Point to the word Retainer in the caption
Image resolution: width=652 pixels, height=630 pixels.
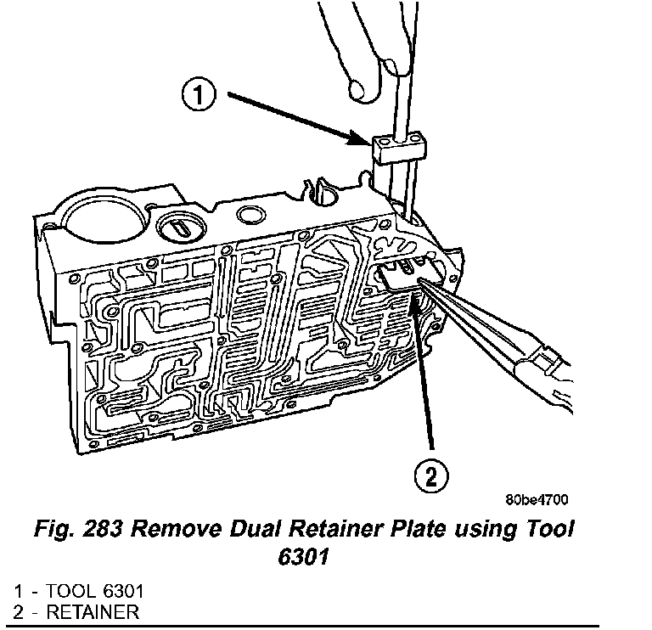pos(382,531)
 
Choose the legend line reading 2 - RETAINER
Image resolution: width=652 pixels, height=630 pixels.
pos(76,611)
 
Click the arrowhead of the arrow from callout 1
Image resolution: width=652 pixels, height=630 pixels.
pos(363,141)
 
